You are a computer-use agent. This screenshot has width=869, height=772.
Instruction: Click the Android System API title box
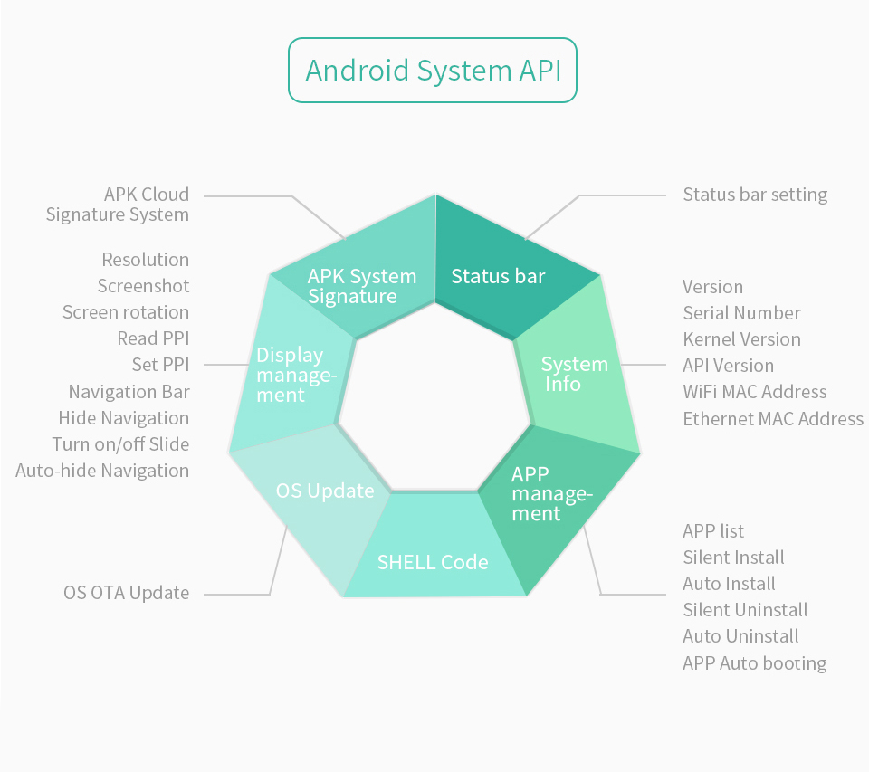coord(432,71)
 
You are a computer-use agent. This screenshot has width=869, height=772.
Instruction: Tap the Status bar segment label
coord(498,276)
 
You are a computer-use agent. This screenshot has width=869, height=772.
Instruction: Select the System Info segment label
coord(574,374)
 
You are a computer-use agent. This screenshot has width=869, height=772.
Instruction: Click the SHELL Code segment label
coord(433,562)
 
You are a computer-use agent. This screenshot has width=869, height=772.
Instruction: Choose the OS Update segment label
coord(325,491)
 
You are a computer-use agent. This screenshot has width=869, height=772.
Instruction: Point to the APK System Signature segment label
coord(361,286)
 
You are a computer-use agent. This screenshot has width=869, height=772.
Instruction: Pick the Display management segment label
coord(296,375)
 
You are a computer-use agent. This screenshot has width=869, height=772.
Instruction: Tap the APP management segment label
coord(551,494)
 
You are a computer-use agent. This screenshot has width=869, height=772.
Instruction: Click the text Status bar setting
coord(755,195)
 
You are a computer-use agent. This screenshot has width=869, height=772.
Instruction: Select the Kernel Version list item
coord(741,339)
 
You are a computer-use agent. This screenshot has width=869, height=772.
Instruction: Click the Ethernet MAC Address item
coord(772,419)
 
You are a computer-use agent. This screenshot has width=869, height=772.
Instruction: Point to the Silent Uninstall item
coord(745,610)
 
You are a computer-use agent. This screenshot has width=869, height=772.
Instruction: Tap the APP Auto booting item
coord(754,663)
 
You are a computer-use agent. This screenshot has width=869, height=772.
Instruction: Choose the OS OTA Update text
coord(127,594)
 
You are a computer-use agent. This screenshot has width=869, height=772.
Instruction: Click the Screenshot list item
coord(144,286)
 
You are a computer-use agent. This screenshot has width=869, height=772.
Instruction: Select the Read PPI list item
coord(153,338)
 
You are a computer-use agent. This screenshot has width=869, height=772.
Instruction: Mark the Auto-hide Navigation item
coord(102,471)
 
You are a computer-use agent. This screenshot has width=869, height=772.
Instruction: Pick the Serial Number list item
coord(741,313)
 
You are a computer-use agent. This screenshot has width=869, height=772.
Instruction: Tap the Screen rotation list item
coord(126,312)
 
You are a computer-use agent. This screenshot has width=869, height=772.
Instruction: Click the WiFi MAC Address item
coord(754,392)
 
